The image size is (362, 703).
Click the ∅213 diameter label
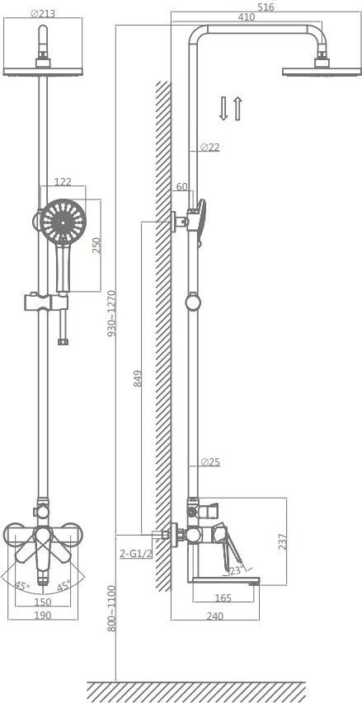[x=43, y=13]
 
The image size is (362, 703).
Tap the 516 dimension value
[x=266, y=7]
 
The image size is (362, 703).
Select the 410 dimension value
[x=247, y=17]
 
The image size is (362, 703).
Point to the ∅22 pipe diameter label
[x=210, y=147]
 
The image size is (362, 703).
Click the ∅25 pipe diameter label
[x=210, y=462]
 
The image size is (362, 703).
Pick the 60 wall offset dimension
[x=181, y=186]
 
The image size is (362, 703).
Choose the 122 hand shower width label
[x=63, y=181]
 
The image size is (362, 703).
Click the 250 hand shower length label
[x=96, y=246]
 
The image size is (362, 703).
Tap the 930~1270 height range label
[x=111, y=313]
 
